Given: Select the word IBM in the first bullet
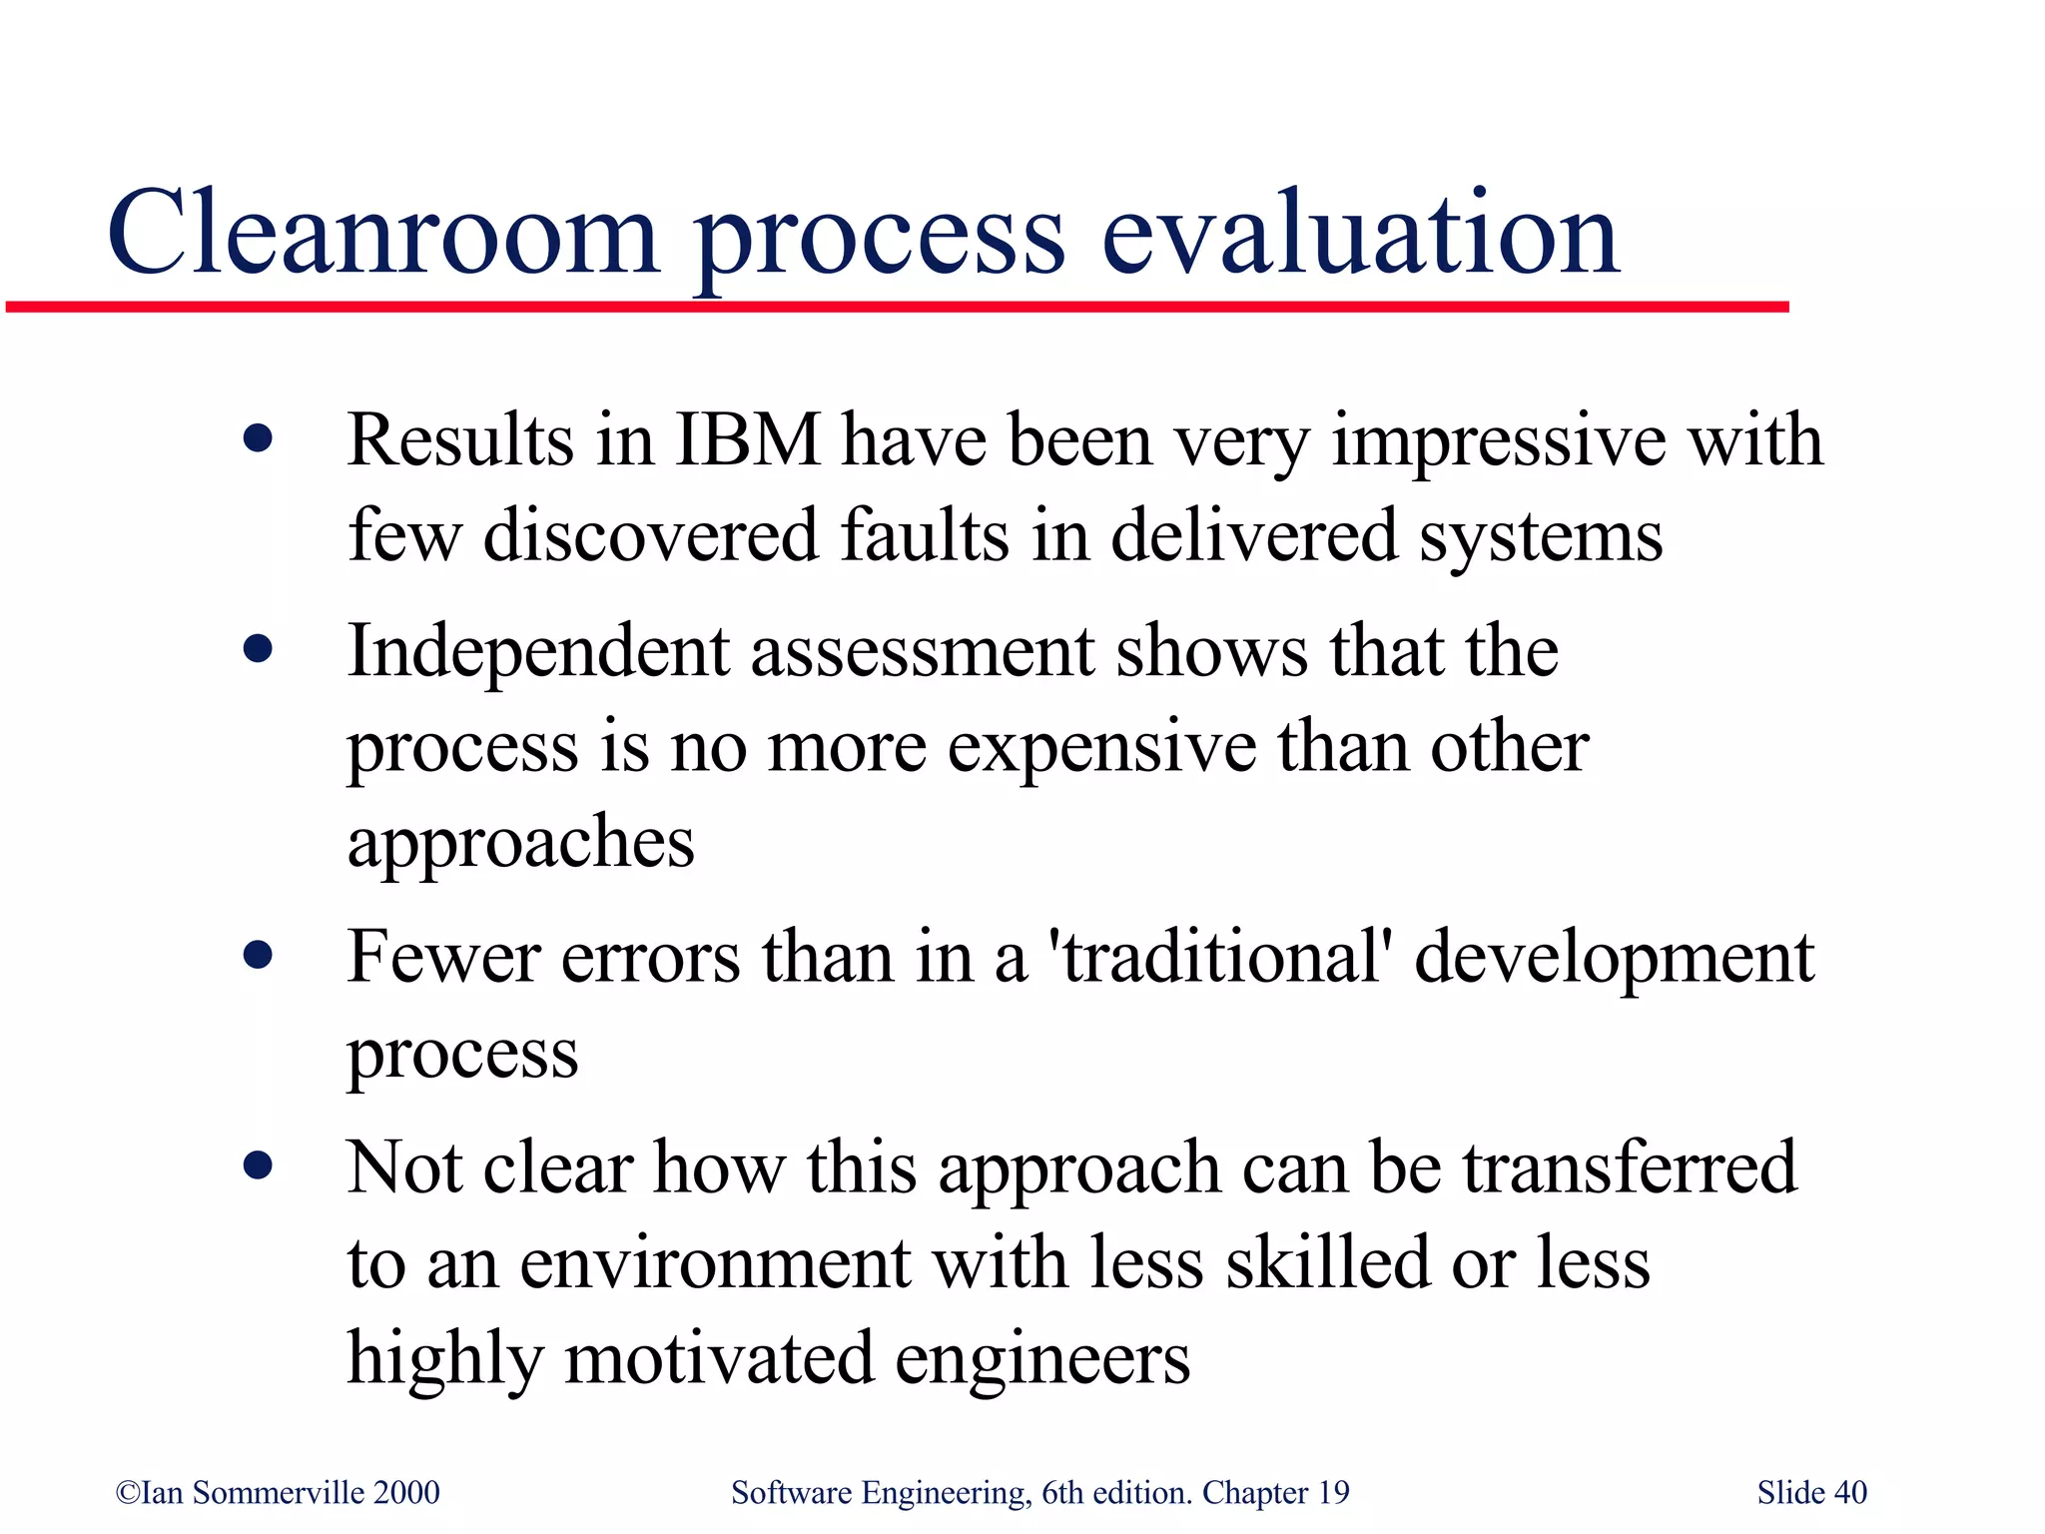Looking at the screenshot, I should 748,440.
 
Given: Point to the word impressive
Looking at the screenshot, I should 1499,440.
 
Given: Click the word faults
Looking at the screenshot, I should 924,535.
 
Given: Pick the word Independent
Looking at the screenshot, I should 538,651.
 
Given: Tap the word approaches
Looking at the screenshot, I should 520,842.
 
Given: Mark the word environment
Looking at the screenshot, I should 715,1262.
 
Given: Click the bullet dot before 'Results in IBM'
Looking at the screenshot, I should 258,438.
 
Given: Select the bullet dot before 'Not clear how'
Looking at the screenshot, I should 258,1164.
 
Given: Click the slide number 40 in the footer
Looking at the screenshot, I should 1850,1493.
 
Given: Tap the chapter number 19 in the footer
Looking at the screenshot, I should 1333,1493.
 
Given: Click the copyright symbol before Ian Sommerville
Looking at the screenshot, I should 128,1493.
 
